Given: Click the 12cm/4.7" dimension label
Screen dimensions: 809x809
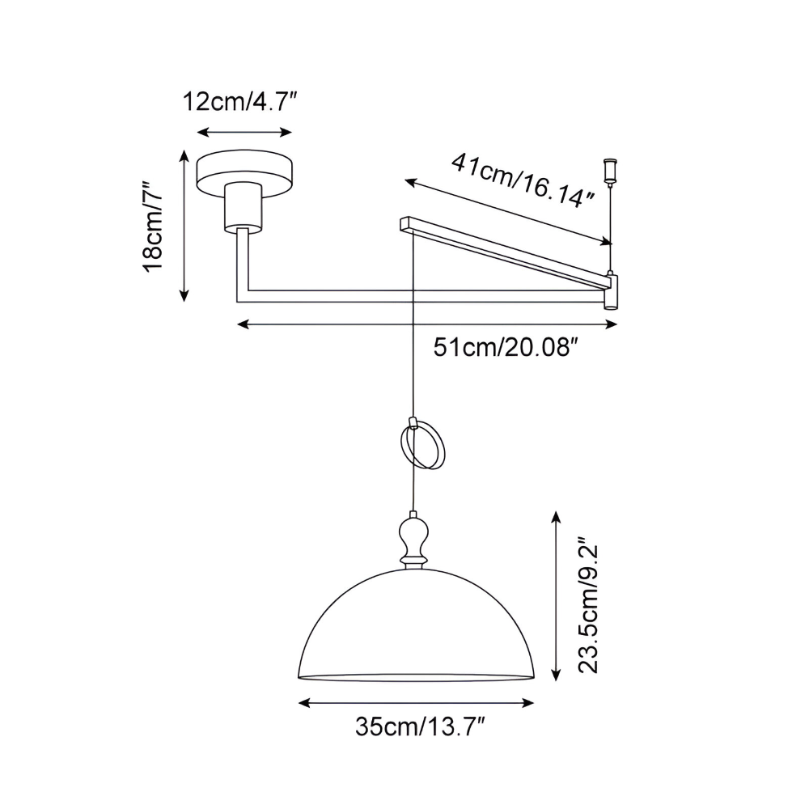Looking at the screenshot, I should [x=240, y=103].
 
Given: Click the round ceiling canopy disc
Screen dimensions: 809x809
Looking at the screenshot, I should [x=247, y=172].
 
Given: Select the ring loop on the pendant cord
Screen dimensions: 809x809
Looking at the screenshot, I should [x=421, y=446].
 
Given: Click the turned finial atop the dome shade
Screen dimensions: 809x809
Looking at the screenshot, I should [x=414, y=540].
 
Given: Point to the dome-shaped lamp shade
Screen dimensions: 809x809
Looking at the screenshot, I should [x=416, y=631].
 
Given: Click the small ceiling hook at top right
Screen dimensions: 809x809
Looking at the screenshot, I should [x=611, y=170].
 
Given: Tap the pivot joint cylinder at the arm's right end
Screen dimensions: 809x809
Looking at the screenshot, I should [x=612, y=291].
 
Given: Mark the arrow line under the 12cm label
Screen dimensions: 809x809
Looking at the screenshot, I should [x=245, y=132].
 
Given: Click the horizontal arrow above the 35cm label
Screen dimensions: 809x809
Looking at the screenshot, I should [x=416, y=702].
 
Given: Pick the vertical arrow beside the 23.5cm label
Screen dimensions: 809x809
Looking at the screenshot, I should [x=556, y=595].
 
